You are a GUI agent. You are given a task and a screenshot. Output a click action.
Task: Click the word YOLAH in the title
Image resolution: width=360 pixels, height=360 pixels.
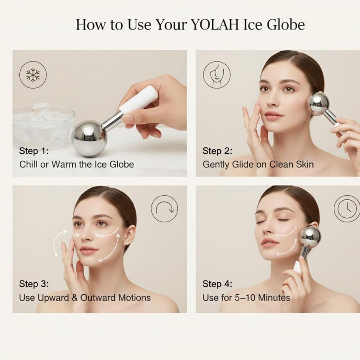[x=215, y=24]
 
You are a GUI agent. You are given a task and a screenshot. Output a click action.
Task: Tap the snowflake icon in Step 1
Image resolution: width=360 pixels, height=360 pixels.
[x=33, y=75]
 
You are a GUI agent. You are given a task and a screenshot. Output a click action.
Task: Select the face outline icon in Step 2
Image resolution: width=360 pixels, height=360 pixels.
[x=217, y=75]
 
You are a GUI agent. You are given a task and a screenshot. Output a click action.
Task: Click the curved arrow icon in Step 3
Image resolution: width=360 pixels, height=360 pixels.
[x=165, y=208]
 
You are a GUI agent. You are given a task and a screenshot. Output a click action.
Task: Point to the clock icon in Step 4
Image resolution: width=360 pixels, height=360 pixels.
[x=347, y=208]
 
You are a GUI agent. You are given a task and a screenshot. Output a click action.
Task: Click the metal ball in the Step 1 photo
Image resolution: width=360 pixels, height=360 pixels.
[x=89, y=139]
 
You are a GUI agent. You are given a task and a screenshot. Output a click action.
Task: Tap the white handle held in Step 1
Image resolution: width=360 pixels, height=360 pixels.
[x=139, y=99]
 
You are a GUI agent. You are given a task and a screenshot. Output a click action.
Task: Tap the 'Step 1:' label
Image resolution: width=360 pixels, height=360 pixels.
[x=34, y=151]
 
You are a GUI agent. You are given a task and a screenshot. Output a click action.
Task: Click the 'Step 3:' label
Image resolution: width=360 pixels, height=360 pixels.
[x=34, y=284]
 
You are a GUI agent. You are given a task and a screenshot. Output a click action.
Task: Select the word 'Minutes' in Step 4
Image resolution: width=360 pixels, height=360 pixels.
[x=274, y=298]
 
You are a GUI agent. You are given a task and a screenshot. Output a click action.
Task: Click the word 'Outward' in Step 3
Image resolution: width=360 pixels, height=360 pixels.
[x=98, y=298]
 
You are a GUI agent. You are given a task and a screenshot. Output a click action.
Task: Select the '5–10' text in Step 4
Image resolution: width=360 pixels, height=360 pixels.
[x=245, y=298]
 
